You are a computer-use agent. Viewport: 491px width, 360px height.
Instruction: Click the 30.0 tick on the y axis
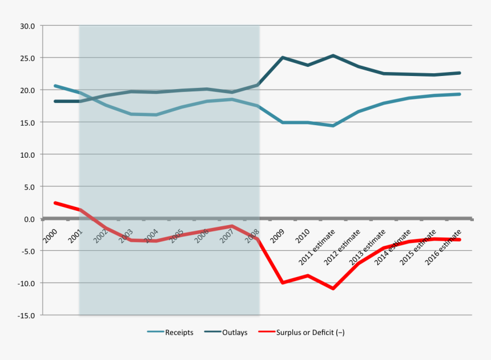click(x=27, y=26)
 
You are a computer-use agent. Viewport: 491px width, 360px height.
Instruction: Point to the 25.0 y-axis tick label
click(x=27, y=58)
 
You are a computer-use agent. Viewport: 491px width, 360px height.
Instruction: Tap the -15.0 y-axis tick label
click(x=26, y=315)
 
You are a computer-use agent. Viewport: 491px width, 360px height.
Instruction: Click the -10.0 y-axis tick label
click(x=26, y=283)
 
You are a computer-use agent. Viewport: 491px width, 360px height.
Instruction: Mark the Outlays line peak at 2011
click(x=333, y=55)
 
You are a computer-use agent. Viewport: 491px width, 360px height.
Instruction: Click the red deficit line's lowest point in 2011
click(x=333, y=289)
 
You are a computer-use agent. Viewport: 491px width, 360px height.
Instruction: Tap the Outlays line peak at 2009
click(x=283, y=57)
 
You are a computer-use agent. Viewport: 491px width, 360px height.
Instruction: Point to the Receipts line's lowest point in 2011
click(x=333, y=126)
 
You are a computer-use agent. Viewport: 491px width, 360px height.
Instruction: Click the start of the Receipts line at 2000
click(x=55, y=86)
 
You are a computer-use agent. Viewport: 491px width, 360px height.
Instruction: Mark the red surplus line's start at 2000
click(x=55, y=203)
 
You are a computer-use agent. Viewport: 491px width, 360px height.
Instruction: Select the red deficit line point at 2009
click(x=283, y=282)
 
